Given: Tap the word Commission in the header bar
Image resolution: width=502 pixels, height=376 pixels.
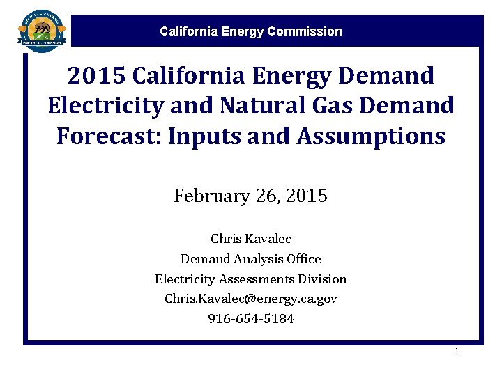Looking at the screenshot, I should [x=308, y=31].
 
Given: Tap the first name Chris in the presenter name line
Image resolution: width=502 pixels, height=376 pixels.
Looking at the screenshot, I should [x=226, y=239].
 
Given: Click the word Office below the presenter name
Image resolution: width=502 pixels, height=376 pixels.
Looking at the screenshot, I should [x=304, y=259].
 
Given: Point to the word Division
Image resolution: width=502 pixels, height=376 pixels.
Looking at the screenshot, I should [x=324, y=279].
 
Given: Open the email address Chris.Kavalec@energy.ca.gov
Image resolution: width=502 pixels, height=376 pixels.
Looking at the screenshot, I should [x=251, y=299].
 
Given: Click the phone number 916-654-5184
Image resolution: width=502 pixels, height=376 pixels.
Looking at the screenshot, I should [x=251, y=319].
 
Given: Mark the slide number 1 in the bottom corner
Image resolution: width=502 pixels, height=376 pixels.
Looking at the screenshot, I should [x=457, y=352].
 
